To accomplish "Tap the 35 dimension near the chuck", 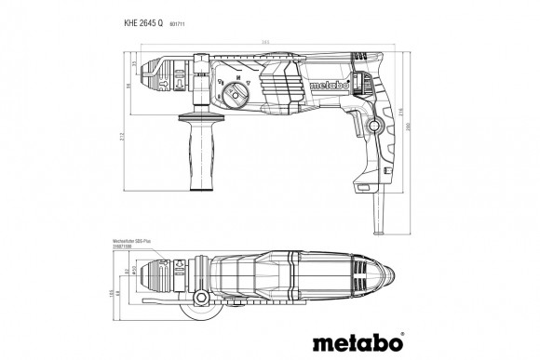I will (x=134, y=62).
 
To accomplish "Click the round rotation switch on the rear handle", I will (x=377, y=126).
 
